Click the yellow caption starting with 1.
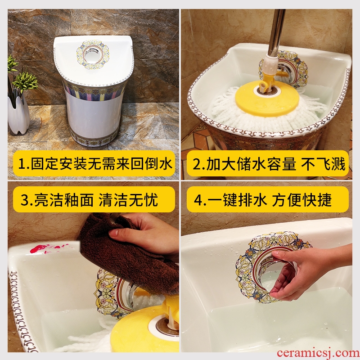pos(94,163)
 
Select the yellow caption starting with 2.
pos(267,163)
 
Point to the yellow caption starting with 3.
pos(94,199)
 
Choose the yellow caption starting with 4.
pos(267,199)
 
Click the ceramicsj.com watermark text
pos(318,353)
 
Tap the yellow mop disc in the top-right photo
pos(267,98)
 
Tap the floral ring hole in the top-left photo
pos(93,54)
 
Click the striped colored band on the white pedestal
pos(94,90)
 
